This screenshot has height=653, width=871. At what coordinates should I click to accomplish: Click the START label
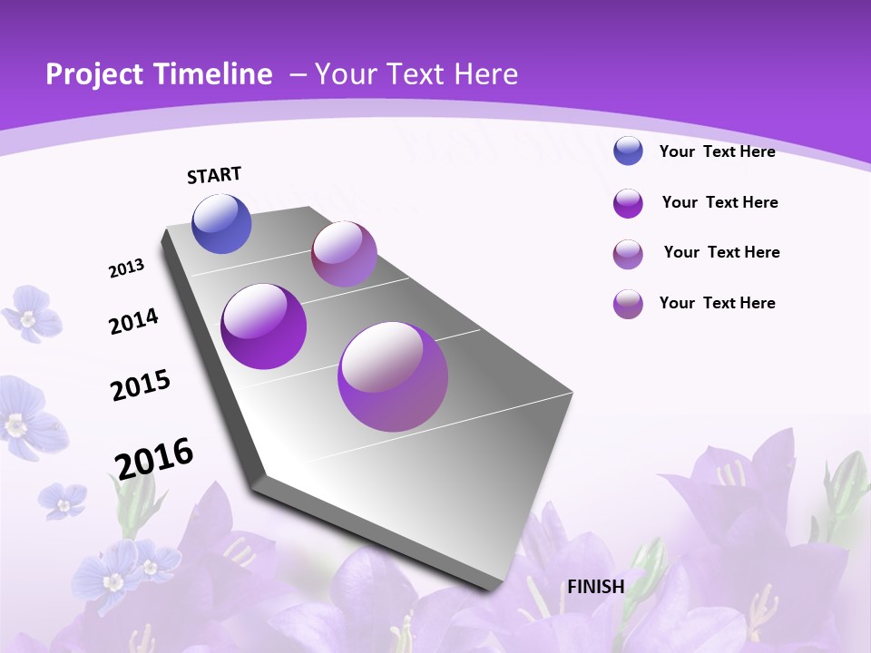pyautogui.click(x=214, y=175)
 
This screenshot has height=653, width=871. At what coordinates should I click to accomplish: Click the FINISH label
pyautogui.click(x=596, y=586)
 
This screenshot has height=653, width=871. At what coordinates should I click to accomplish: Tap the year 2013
pyautogui.click(x=127, y=268)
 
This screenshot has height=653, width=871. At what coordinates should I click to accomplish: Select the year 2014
pyautogui.click(x=133, y=321)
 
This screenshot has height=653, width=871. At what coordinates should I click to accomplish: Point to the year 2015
pyautogui.click(x=141, y=385)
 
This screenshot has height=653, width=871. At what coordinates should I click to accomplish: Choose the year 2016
pyautogui.click(x=154, y=458)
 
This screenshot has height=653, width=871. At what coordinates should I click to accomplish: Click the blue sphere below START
pyautogui.click(x=222, y=224)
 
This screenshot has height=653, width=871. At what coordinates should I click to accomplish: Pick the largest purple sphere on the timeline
pyautogui.click(x=392, y=376)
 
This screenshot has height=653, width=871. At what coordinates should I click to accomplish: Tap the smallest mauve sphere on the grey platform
pyautogui.click(x=344, y=254)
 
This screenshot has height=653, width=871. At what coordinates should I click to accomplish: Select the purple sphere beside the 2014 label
pyautogui.click(x=264, y=326)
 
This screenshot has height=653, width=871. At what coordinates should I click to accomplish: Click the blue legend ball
pyautogui.click(x=628, y=151)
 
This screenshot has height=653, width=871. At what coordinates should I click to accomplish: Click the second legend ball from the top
pyautogui.click(x=628, y=203)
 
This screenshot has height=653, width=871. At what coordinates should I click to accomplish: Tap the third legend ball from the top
pyautogui.click(x=628, y=254)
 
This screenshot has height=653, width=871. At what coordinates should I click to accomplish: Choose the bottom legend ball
pyautogui.click(x=628, y=304)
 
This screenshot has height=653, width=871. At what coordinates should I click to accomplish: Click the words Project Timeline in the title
pyautogui.click(x=159, y=74)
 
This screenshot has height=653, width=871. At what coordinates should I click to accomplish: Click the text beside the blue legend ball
pyautogui.click(x=717, y=151)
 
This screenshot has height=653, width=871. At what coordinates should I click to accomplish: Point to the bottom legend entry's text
pyautogui.click(x=717, y=303)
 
